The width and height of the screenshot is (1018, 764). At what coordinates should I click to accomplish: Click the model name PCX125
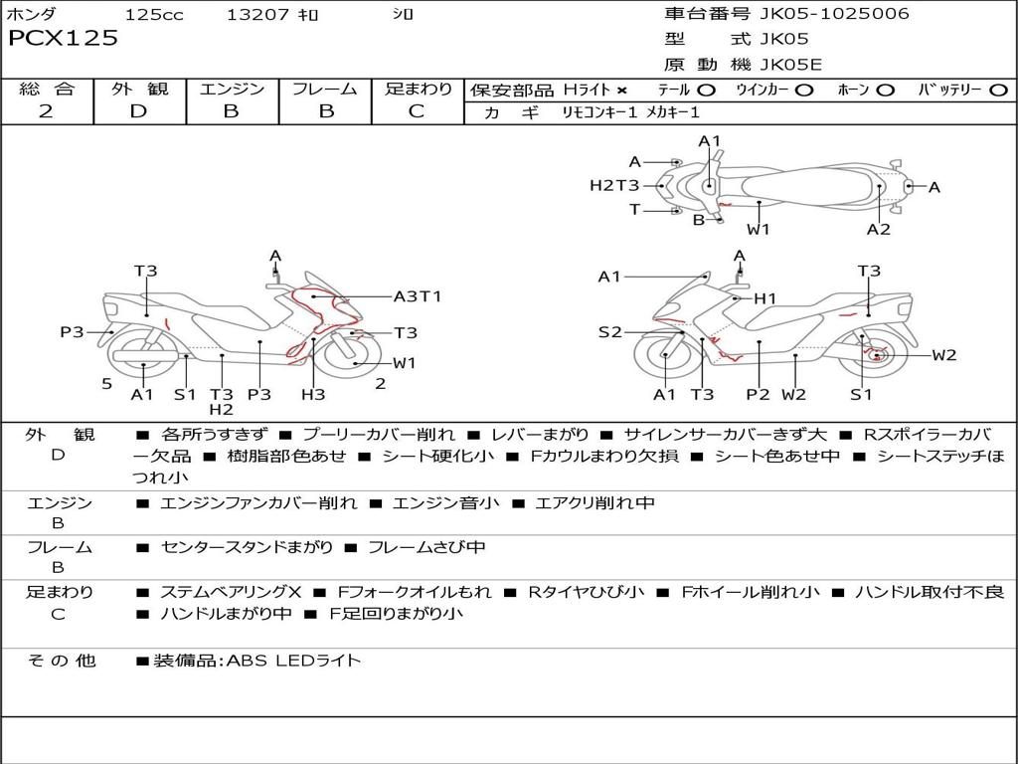tap(63, 39)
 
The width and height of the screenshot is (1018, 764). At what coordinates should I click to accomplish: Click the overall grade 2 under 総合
tap(46, 111)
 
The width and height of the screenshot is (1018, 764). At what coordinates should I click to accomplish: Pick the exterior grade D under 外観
tap(138, 111)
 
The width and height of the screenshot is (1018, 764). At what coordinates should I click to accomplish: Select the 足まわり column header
tap(419, 90)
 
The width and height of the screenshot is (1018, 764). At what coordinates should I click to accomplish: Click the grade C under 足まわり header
tap(417, 111)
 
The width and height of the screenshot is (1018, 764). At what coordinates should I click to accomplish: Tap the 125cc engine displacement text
tap(154, 15)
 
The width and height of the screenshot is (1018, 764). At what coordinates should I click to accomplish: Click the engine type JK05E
tap(791, 66)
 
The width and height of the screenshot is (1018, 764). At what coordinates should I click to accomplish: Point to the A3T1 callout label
tap(418, 296)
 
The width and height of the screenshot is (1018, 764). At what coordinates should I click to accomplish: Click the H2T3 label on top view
tap(614, 185)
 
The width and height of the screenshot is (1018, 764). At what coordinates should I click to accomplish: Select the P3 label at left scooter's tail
tap(72, 332)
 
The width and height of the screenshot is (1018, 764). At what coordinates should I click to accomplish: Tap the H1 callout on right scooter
tap(764, 298)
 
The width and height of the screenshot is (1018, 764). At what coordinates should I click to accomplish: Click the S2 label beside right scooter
tap(609, 332)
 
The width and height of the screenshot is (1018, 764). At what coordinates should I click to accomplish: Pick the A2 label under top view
tap(878, 229)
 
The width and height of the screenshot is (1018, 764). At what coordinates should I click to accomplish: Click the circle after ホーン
tap(886, 91)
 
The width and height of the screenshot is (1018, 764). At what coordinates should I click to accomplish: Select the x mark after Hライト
tap(621, 91)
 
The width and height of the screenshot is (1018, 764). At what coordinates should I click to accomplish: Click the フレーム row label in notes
tap(59, 547)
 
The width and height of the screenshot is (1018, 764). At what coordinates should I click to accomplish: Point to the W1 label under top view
tap(759, 229)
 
